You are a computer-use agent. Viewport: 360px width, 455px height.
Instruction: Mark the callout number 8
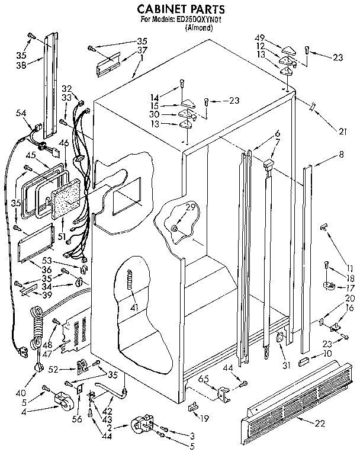341,156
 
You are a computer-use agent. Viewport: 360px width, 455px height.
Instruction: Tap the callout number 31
287,366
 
